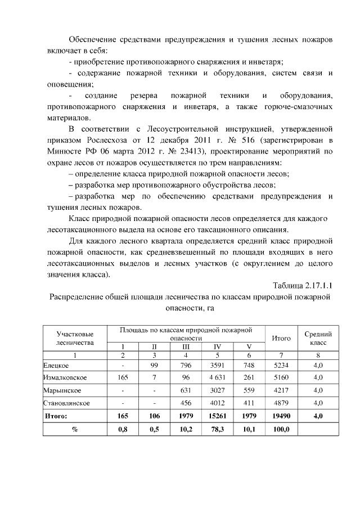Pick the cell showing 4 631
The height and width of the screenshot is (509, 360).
coord(217,377)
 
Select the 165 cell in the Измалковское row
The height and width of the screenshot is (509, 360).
coord(122,377)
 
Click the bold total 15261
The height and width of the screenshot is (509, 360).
coord(217,416)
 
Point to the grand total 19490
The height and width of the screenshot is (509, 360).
coord(281,416)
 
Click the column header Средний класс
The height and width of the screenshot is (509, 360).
coord(318,338)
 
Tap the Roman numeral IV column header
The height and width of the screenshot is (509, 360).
coord(217,347)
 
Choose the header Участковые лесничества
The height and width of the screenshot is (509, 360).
coord(75,338)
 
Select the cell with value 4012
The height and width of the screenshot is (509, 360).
coord(217,403)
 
